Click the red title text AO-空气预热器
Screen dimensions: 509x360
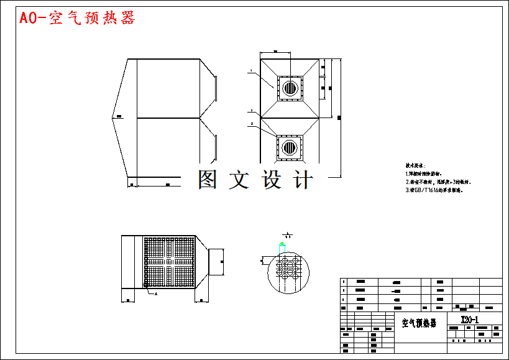[x=77, y=18]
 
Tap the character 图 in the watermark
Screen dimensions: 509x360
[x=208, y=179]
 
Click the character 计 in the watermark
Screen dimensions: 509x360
[x=303, y=179]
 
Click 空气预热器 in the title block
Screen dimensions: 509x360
[x=419, y=323]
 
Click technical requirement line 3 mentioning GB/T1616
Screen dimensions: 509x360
[x=434, y=190]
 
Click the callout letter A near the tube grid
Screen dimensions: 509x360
[x=155, y=293]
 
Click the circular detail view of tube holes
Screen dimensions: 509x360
[x=287, y=271]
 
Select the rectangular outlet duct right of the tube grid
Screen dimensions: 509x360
[x=215, y=261]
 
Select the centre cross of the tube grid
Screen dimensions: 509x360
[x=168, y=261]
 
